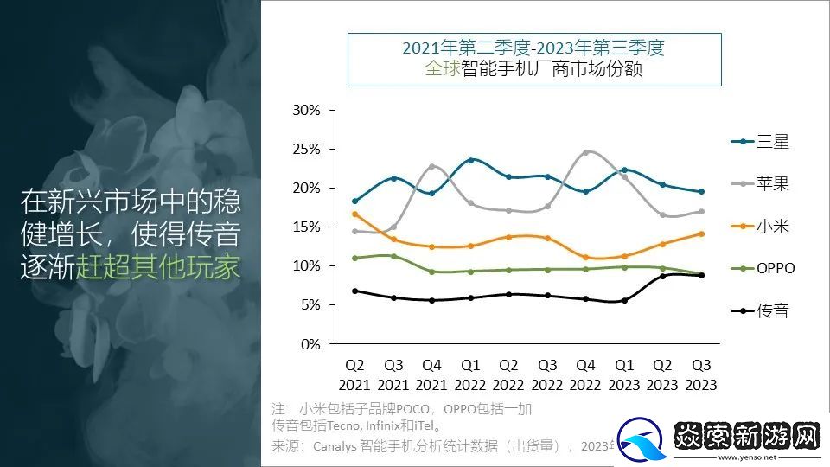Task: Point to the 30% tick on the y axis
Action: click(x=307, y=111)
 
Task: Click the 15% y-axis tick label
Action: click(x=307, y=227)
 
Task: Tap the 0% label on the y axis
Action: click(x=310, y=344)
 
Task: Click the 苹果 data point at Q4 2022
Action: click(x=585, y=153)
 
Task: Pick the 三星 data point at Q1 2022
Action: click(x=470, y=160)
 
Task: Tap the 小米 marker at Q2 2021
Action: click(x=354, y=214)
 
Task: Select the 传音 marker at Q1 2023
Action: click(x=624, y=301)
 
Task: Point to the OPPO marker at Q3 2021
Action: click(x=393, y=256)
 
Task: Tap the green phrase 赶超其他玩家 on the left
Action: click(x=158, y=267)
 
